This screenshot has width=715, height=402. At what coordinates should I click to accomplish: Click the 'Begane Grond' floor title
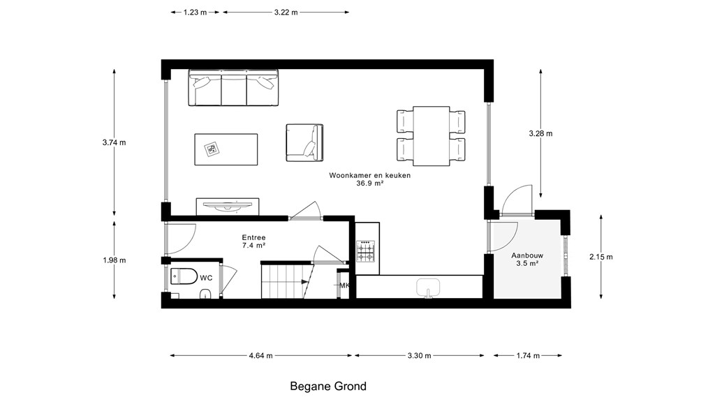pyautogui.click(x=328, y=387)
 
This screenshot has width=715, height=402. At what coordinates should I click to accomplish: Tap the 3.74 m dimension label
pyautogui.click(x=114, y=142)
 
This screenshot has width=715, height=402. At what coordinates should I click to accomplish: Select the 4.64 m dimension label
pyautogui.click(x=261, y=355)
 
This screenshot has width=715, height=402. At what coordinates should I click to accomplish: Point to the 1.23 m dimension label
pyautogui.click(x=196, y=13)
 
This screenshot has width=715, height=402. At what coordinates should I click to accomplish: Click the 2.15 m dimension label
pyautogui.click(x=601, y=257)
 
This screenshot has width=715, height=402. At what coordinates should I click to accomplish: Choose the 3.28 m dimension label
pyautogui.click(x=540, y=133)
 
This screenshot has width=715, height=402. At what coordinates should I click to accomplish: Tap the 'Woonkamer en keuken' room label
pyautogui.click(x=370, y=175)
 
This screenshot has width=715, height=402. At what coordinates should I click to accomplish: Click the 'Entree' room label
pyautogui.click(x=253, y=237)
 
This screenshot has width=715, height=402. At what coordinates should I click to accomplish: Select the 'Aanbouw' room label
pyautogui.click(x=527, y=255)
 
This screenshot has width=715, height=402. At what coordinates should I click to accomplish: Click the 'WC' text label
pyautogui.click(x=206, y=278)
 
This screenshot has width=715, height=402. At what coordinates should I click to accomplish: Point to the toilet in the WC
pyautogui.click(x=184, y=276)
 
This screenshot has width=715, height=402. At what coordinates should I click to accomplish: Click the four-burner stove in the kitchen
pyautogui.click(x=366, y=251)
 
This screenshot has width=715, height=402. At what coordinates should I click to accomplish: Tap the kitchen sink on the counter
pyautogui.click(x=428, y=288)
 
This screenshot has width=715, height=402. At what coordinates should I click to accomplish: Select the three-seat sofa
pyautogui.click(x=233, y=88)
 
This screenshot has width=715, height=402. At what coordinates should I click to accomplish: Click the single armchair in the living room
pyautogui.click(x=304, y=142)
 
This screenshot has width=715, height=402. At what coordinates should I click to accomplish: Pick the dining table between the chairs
pyautogui.click(x=432, y=136)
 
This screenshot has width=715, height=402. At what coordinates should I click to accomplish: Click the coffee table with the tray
pyautogui.click(x=226, y=149)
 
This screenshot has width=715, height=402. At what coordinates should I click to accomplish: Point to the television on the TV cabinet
pyautogui.click(x=228, y=207)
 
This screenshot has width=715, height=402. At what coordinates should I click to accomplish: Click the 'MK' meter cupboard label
pyautogui.click(x=344, y=285)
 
